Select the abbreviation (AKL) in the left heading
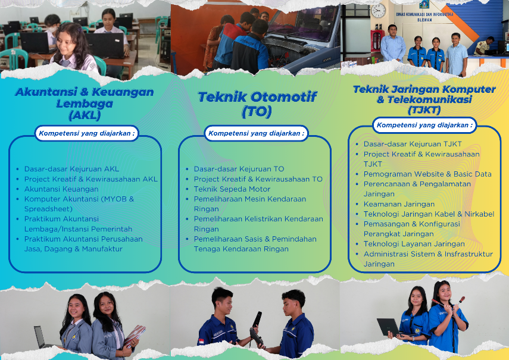(85, 115)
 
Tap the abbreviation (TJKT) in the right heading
(424, 110)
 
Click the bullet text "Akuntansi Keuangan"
(61, 189)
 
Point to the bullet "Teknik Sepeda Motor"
(232, 189)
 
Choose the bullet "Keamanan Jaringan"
(399, 204)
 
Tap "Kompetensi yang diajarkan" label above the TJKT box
(424, 125)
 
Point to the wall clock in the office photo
(378, 11)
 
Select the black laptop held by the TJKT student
(388, 327)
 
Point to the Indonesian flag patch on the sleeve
(201, 342)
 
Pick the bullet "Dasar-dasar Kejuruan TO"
(239, 169)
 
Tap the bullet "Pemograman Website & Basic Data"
(427, 174)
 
